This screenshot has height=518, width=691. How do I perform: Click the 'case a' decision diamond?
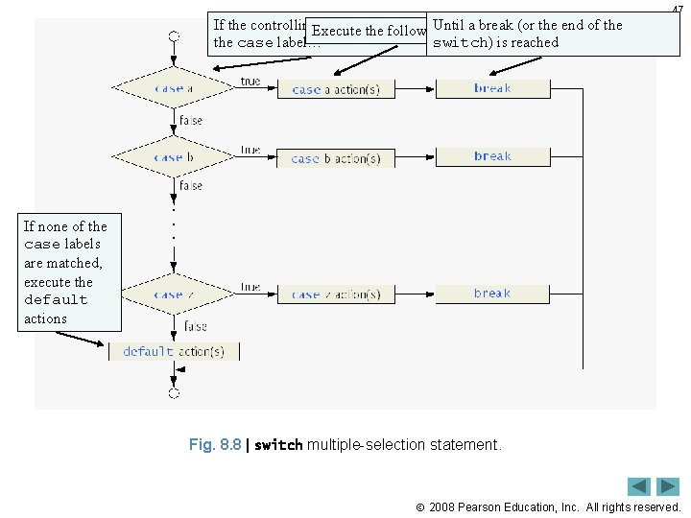(174, 88)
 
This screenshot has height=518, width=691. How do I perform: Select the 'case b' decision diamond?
(174, 156)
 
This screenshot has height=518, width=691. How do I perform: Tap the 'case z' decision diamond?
(174, 294)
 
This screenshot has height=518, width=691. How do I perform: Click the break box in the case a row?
(492, 88)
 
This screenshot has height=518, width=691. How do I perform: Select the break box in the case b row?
(492, 156)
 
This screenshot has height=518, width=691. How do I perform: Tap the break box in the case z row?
(492, 294)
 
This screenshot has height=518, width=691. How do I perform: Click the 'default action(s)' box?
(174, 351)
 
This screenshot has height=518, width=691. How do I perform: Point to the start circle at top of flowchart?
(174, 36)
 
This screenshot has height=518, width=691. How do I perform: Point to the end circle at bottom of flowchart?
(174, 392)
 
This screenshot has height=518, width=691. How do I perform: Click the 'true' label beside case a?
(250, 82)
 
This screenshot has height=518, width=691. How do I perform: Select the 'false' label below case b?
(191, 185)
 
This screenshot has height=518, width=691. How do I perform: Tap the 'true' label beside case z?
(250, 286)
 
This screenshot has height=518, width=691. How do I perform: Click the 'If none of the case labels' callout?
(71, 271)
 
